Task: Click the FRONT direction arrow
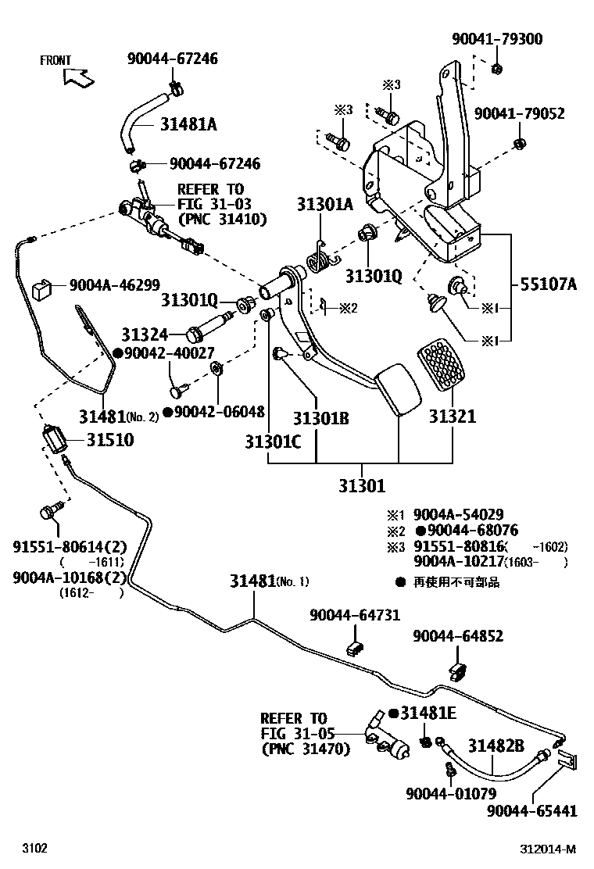[x=79, y=76]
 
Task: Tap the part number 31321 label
[x=452, y=417]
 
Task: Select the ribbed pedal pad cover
[x=446, y=367]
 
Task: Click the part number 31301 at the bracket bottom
[x=362, y=486]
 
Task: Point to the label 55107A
[x=544, y=284]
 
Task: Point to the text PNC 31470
[x=306, y=749]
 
